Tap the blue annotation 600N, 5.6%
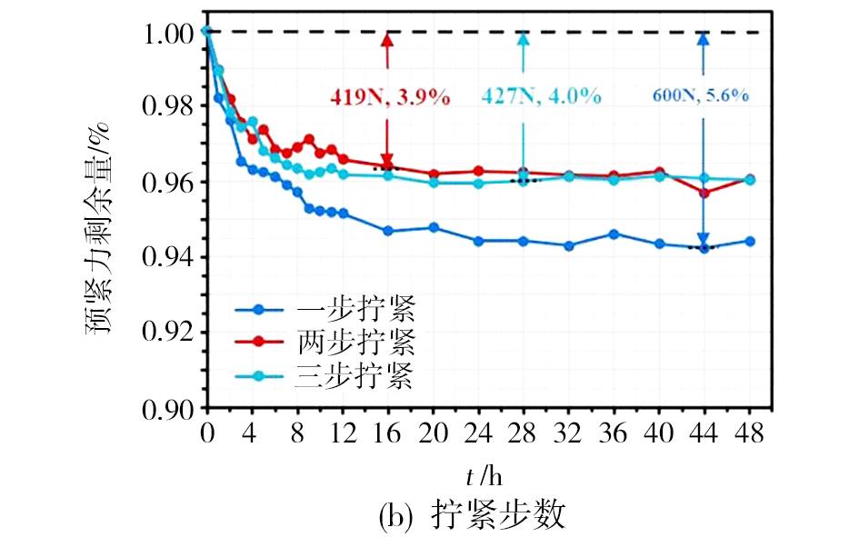click(x=701, y=95)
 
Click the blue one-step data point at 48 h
click(x=750, y=241)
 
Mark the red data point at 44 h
click(x=704, y=192)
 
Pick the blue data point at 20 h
click(x=434, y=227)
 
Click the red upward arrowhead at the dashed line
click(x=388, y=41)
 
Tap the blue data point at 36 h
click(x=614, y=234)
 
